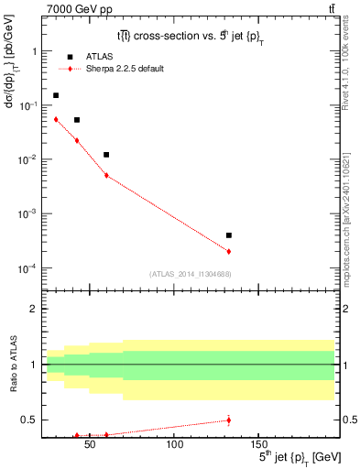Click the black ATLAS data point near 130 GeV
coord(228,235)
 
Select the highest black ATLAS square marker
coord(56,95)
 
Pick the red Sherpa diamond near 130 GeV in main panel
coord(228,251)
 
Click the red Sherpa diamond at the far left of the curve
coord(56,119)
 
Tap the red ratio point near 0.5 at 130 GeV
coord(228,420)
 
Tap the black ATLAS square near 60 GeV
coord(106,155)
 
